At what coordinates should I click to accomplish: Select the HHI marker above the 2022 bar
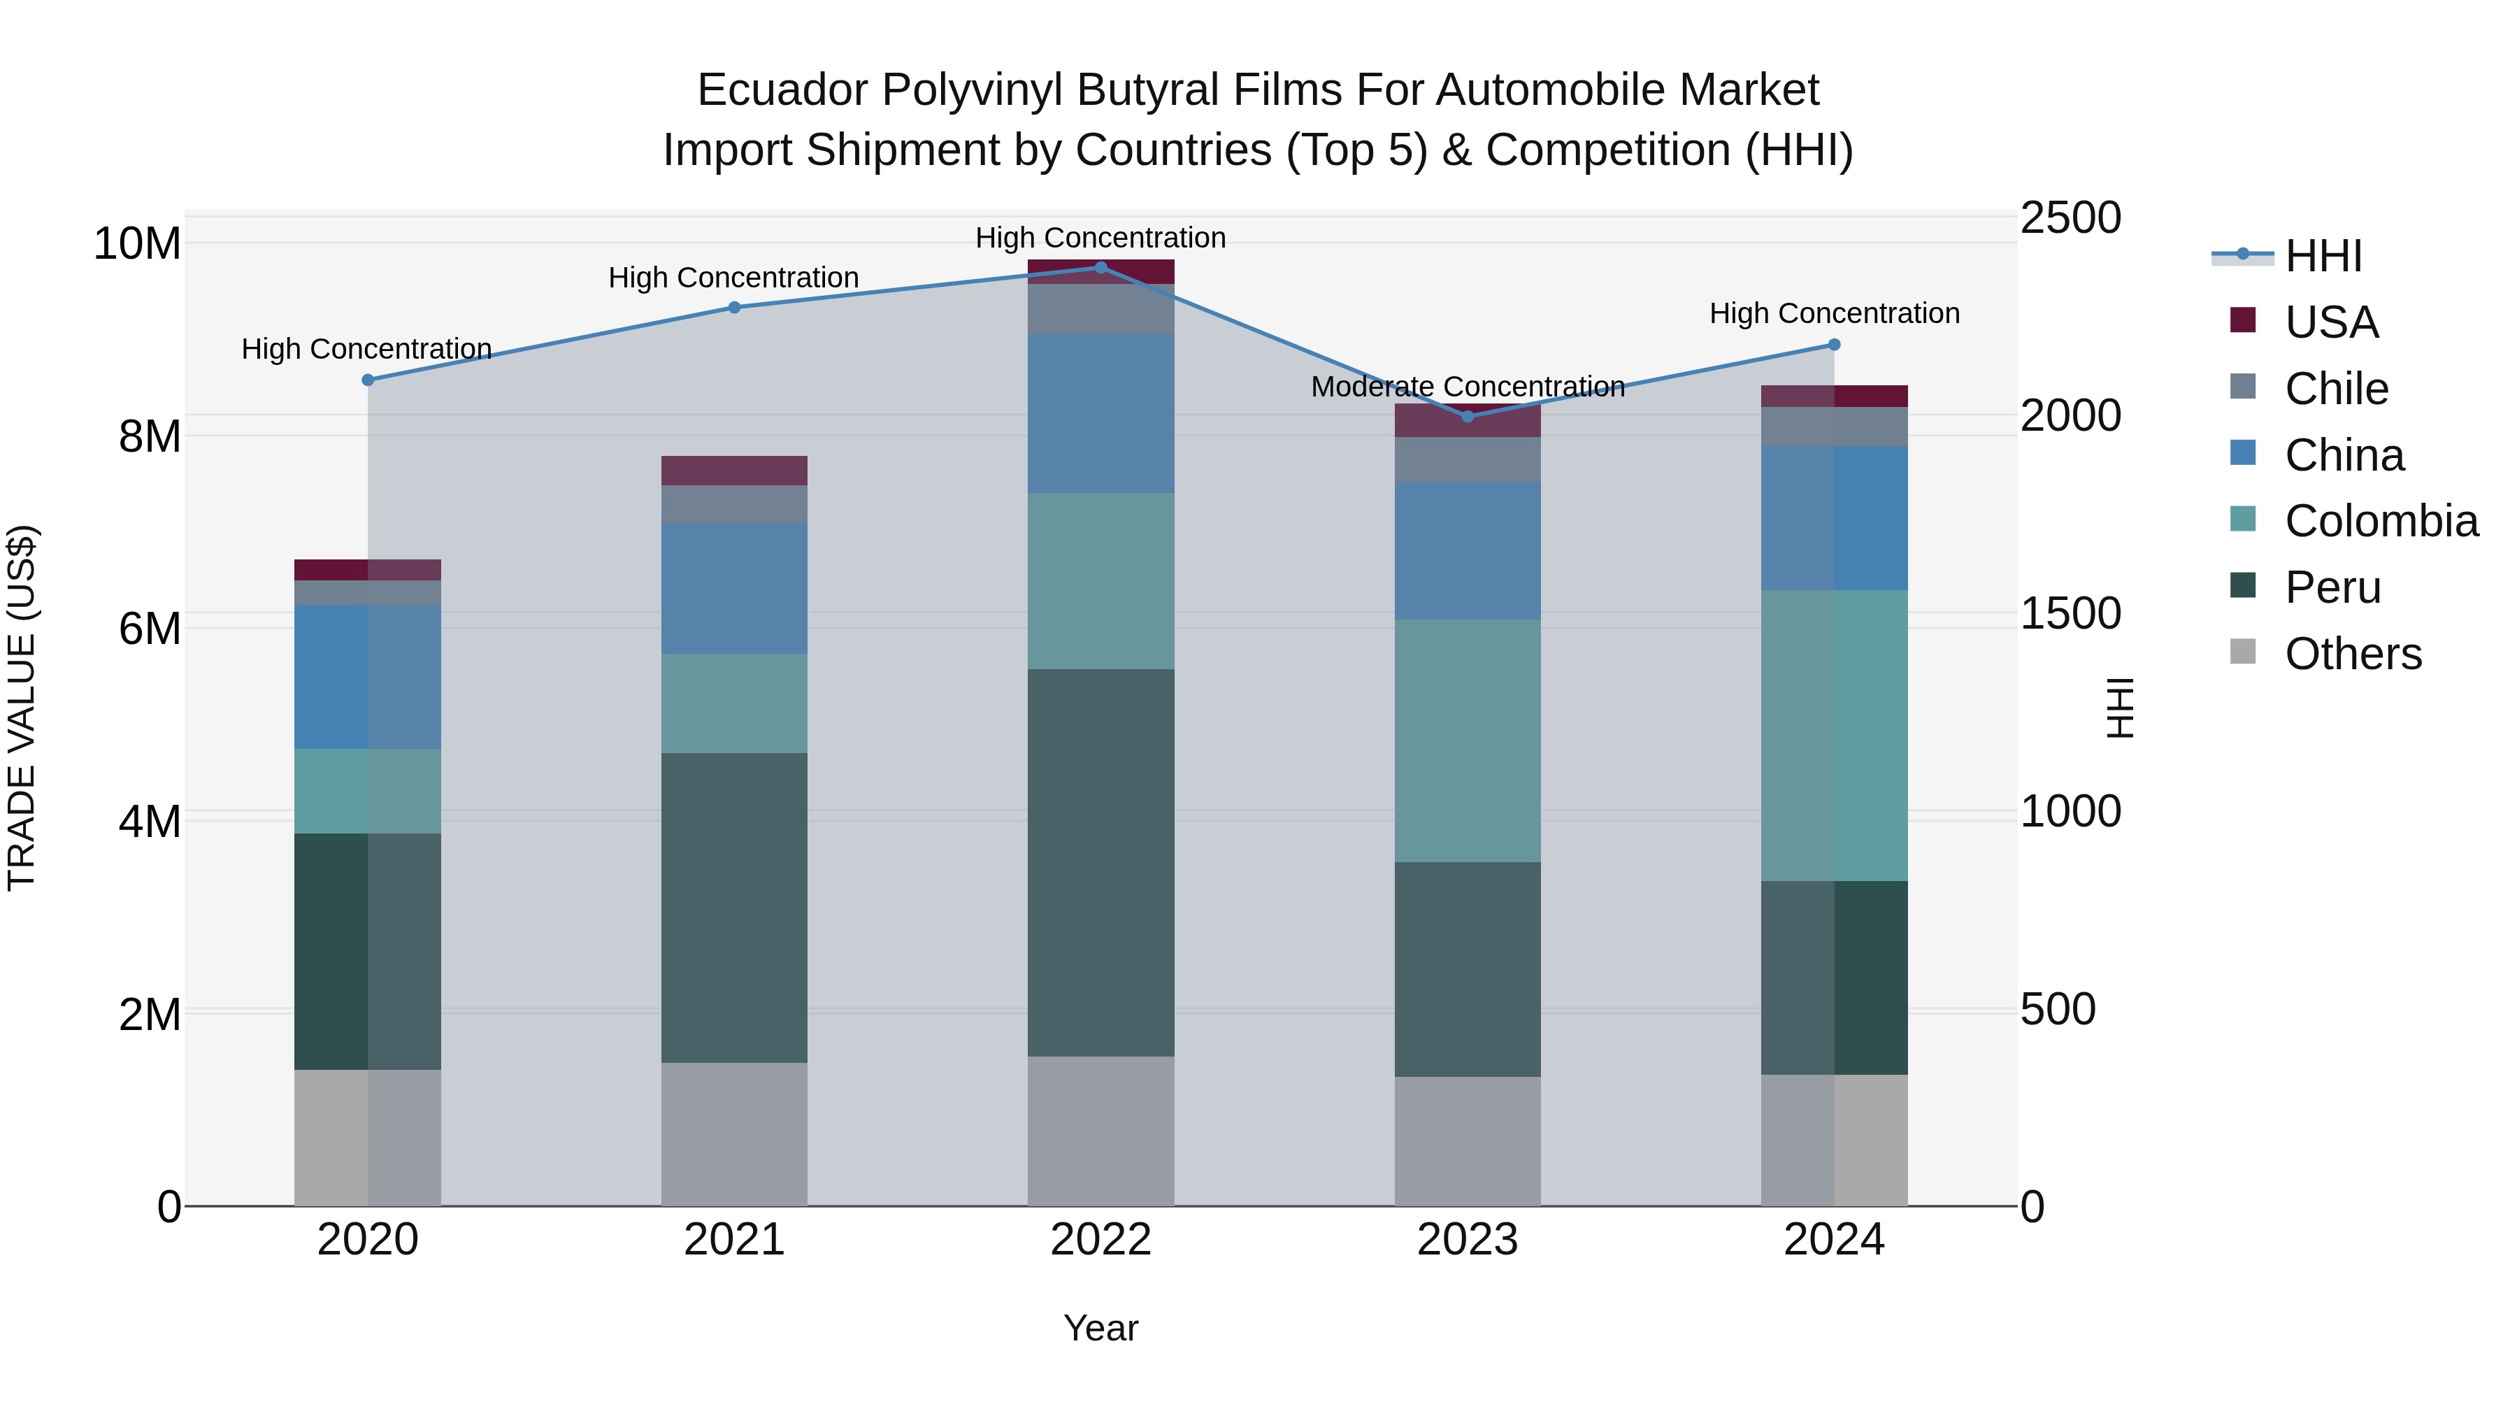click(x=1101, y=268)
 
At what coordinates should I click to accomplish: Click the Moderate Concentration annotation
click(x=1468, y=387)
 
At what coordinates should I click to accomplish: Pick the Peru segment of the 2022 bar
click(x=1101, y=862)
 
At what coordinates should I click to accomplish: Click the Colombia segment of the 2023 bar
click(x=1467, y=740)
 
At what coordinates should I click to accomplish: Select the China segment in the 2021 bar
click(x=734, y=588)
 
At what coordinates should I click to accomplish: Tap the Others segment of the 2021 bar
click(x=734, y=1133)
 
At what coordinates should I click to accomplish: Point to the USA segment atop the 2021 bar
click(x=734, y=470)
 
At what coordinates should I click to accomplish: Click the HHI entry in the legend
click(x=2323, y=256)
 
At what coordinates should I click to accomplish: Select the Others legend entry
click(x=2352, y=654)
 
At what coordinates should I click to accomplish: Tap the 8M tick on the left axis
click(x=150, y=436)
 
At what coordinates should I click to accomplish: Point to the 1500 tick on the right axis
click(x=2070, y=614)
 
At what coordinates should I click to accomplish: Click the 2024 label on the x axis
click(x=1833, y=1240)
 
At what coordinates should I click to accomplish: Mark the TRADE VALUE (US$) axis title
click(x=22, y=708)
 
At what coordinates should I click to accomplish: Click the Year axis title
click(x=1100, y=1328)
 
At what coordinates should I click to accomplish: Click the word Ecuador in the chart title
click(x=782, y=90)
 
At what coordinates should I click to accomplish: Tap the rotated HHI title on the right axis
click(x=2119, y=708)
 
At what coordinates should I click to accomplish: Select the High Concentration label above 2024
click(x=1834, y=314)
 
